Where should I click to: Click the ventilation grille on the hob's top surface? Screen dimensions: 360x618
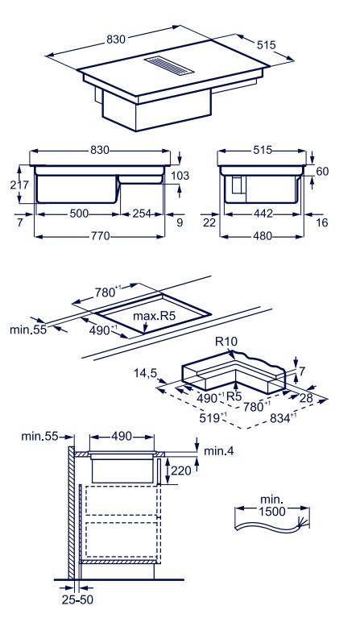[169, 65]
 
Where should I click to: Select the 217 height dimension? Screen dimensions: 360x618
[19, 185]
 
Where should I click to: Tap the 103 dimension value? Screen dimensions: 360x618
[180, 176]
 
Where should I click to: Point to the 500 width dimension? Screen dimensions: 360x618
[79, 214]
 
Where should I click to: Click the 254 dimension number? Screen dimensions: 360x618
[142, 214]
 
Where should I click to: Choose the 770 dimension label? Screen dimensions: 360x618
[100, 236]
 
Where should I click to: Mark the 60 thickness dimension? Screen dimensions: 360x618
[322, 172]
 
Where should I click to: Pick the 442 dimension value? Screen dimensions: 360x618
[263, 214]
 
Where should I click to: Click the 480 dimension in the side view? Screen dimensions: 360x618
[263, 236]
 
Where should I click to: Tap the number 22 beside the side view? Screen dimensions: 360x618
[209, 222]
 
